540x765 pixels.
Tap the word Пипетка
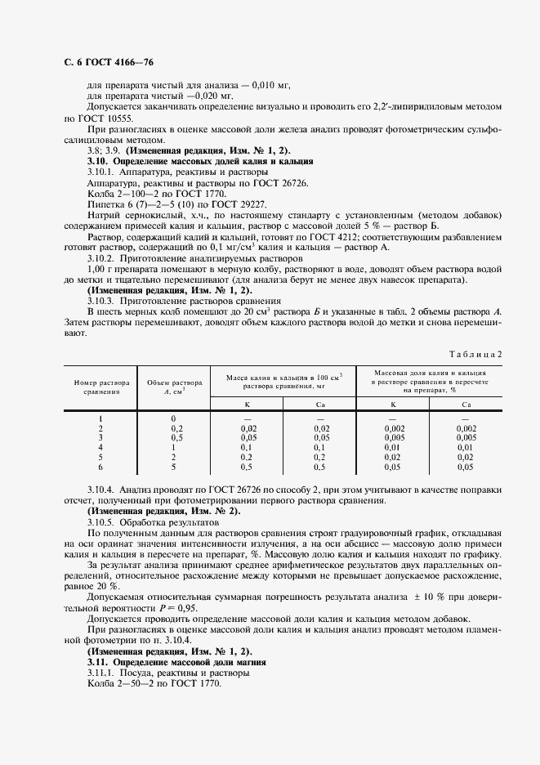pos(105,203)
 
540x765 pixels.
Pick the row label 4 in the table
pos(101,447)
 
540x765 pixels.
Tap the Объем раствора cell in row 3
pos(172,437)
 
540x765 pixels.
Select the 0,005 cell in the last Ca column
pos(466,437)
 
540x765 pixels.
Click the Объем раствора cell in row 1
pos(172,418)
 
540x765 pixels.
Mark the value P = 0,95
pos(179,608)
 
